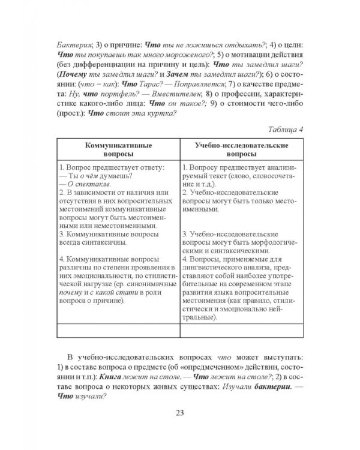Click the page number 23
180,412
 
